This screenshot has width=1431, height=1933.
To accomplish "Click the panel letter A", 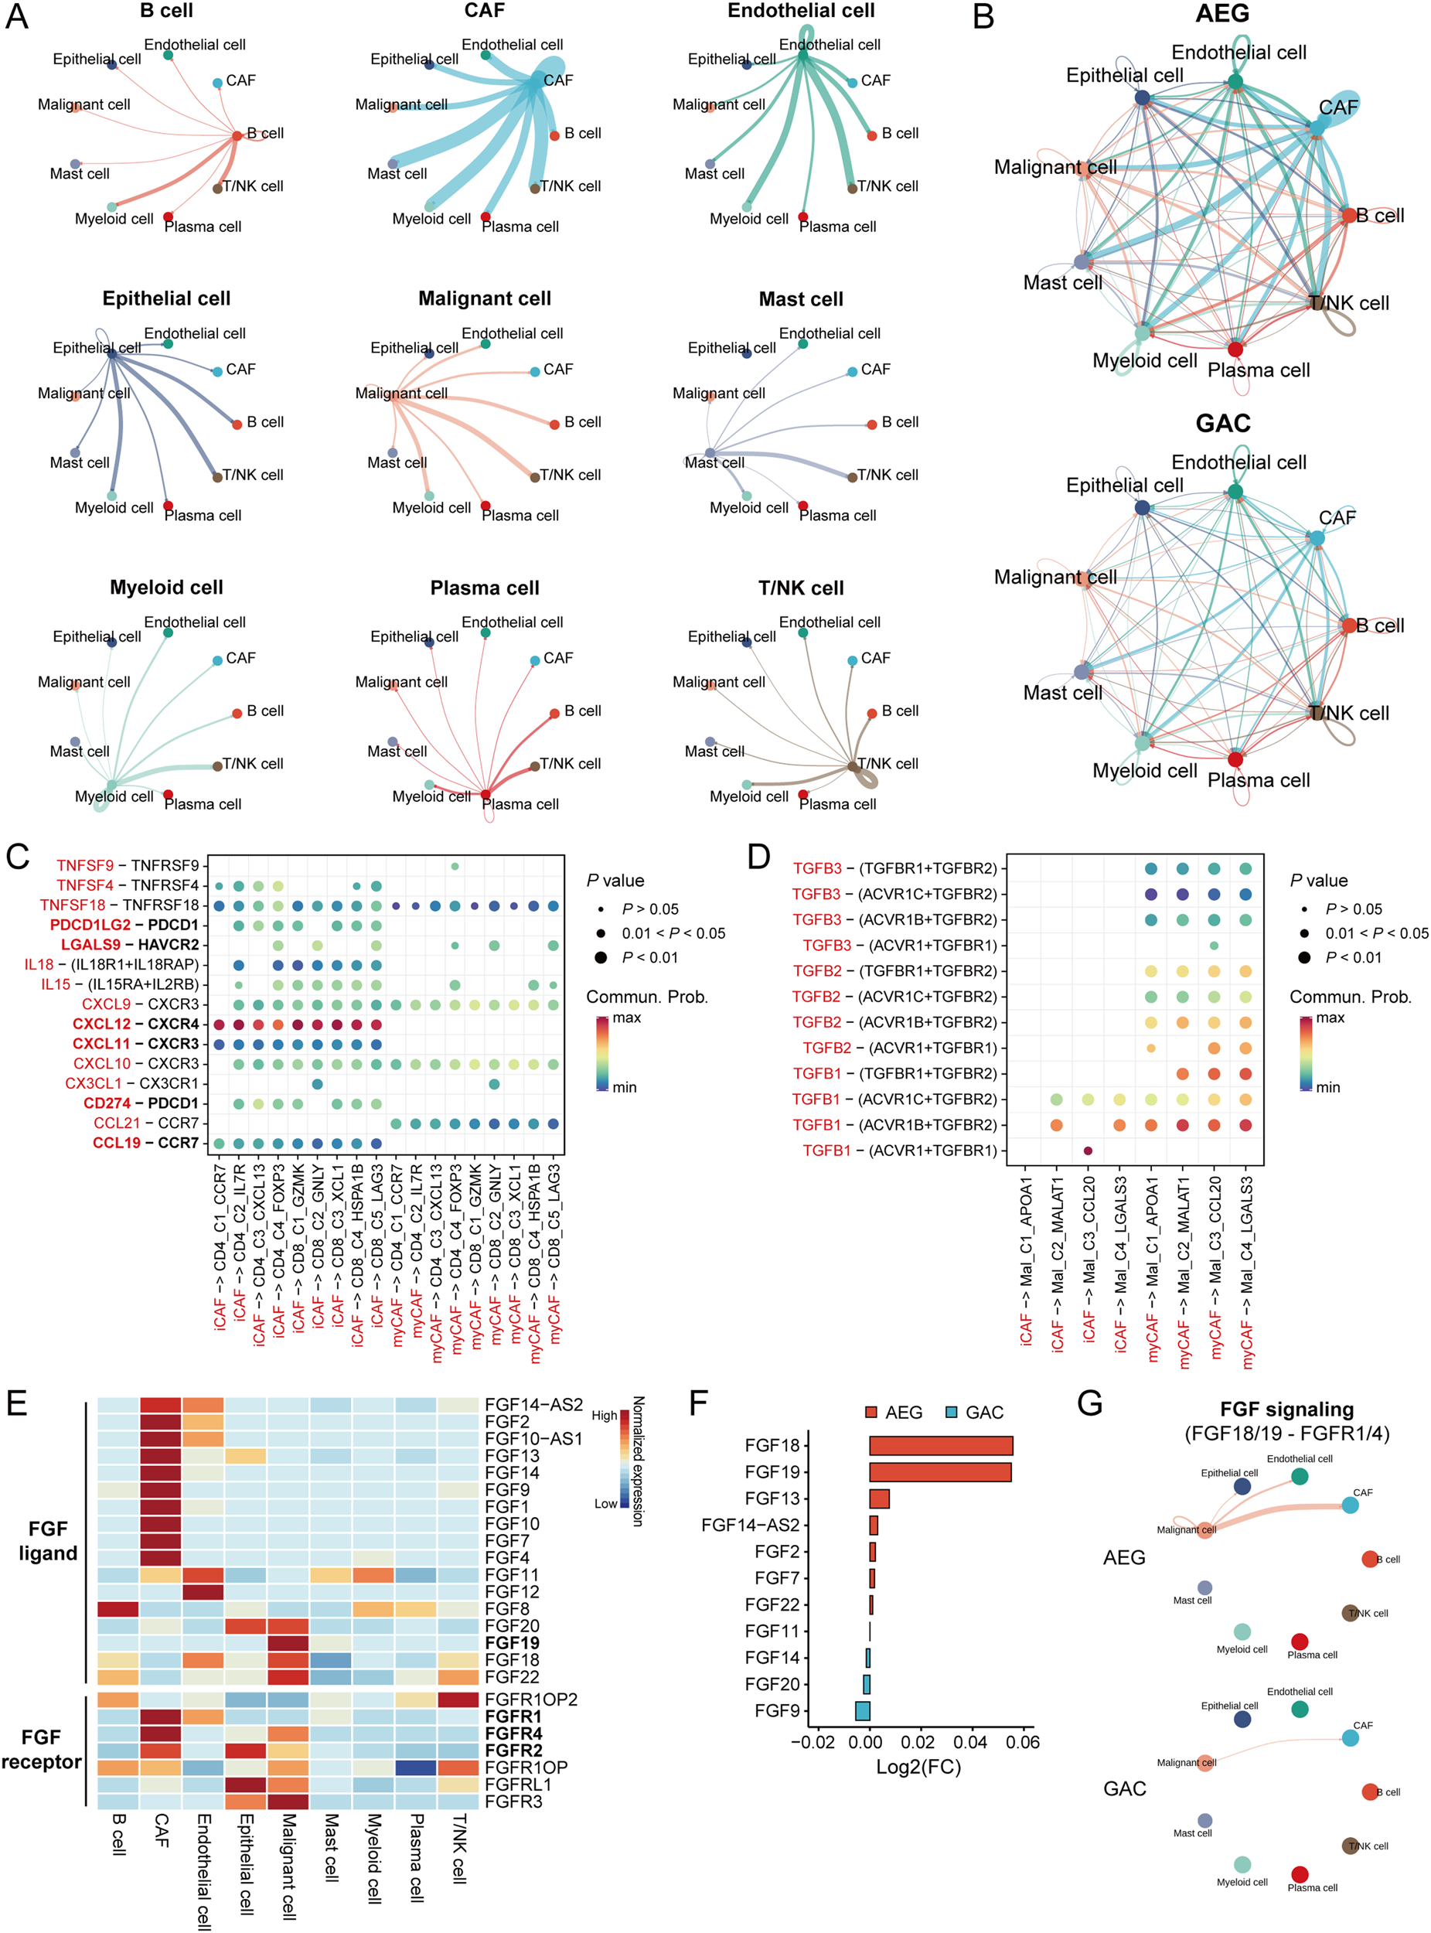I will point(17,17).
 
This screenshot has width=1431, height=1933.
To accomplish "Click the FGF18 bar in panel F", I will point(941,1445).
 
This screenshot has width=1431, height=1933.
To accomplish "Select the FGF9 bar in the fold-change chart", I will point(862,1710).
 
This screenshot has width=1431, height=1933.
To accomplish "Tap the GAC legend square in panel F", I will point(952,1413).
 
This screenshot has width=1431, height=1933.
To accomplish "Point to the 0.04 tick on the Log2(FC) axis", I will point(970,1742).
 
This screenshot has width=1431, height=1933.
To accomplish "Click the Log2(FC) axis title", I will point(919,1767).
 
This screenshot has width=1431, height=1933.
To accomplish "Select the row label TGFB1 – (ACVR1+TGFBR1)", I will point(900,1151).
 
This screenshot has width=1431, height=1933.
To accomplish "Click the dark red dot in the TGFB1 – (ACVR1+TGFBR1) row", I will point(1088,1151).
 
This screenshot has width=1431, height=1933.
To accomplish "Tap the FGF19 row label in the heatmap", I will point(512,1643).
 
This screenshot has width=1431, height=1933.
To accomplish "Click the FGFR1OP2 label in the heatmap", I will point(531,1699).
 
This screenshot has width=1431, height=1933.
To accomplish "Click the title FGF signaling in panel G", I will point(1286,1410).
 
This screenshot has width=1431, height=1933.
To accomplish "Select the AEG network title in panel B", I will point(1222,14).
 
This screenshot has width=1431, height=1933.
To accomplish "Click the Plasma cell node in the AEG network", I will point(1235,350).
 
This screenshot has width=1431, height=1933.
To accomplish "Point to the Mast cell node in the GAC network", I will point(1082,671).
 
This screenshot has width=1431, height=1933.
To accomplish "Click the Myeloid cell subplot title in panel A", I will point(166,588).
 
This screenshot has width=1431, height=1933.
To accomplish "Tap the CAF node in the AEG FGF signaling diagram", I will point(1350,1506).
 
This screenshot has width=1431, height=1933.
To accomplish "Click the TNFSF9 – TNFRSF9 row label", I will point(128,865).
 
